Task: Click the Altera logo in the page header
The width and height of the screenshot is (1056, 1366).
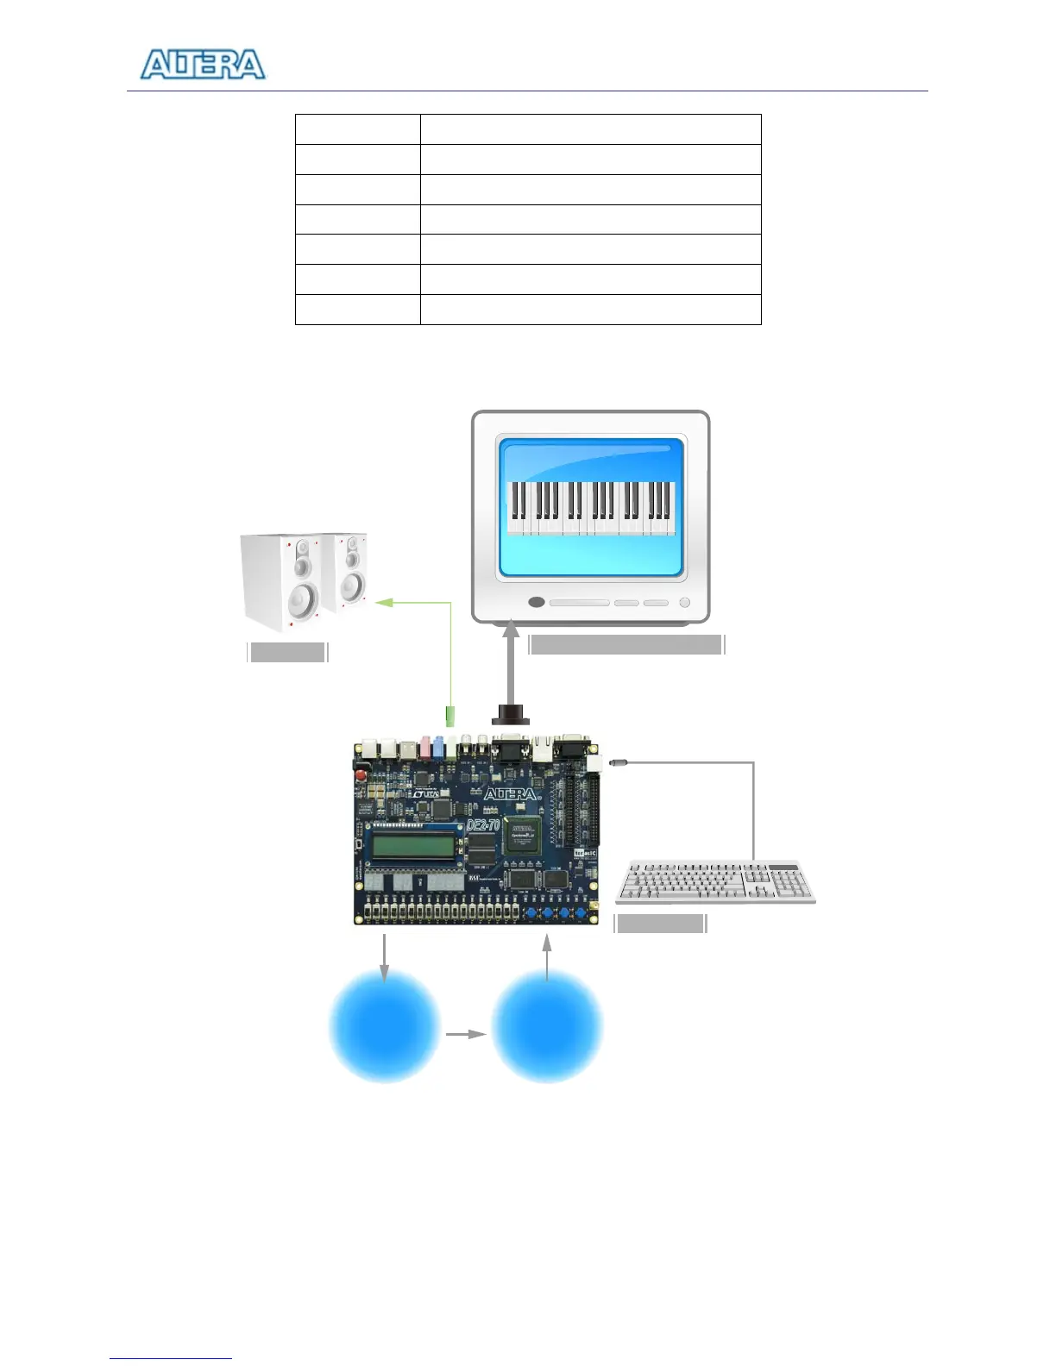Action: pos(203,65)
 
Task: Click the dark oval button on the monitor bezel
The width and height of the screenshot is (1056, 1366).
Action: pos(536,602)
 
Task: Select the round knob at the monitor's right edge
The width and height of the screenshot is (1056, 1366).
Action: pos(684,602)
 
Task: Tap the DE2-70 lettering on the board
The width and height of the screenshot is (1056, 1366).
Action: pos(482,825)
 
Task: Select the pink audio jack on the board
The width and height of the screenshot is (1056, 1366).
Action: pos(424,746)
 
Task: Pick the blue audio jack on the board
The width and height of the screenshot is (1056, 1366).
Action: pos(438,747)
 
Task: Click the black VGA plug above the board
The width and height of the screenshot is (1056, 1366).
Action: pos(510,714)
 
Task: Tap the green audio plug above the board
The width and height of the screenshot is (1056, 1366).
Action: pos(449,716)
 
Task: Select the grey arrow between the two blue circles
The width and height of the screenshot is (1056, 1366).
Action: pos(466,1033)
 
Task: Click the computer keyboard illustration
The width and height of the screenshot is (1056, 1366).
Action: pos(715,881)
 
